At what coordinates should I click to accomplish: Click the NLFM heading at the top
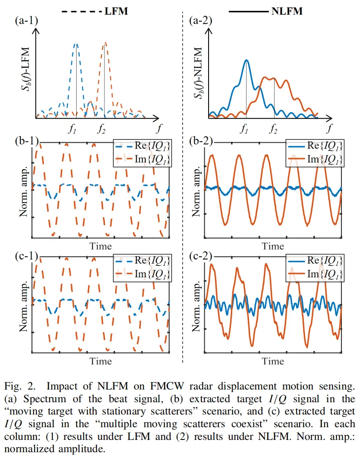[x=287, y=11]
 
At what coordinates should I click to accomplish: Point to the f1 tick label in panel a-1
[x=75, y=129]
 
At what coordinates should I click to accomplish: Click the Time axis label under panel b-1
[x=100, y=246]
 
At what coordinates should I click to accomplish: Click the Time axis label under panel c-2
[x=273, y=362]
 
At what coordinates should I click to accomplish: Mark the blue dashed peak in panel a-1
[x=76, y=44]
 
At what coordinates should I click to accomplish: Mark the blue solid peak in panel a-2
[x=246, y=60]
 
